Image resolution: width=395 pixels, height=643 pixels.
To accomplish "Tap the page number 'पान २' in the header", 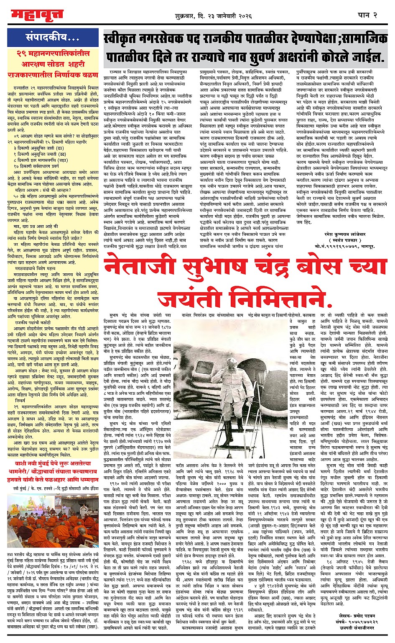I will click(367, 15).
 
